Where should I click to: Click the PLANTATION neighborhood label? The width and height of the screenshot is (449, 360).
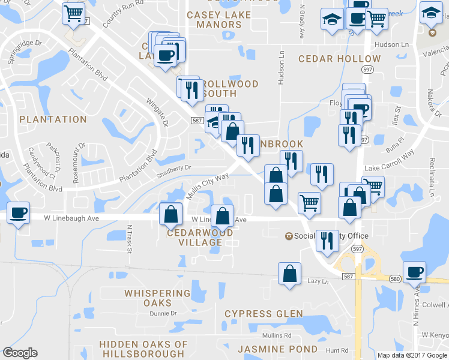pyautogui.click(x=53, y=119)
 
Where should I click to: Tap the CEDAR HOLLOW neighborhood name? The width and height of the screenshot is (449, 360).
pyautogui.click(x=340, y=59)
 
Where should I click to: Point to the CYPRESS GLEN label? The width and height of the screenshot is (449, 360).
pyautogui.click(x=264, y=314)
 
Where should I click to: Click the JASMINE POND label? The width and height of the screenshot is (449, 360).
pyautogui.click(x=277, y=349)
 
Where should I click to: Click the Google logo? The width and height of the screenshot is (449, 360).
pyautogui.click(x=20, y=353)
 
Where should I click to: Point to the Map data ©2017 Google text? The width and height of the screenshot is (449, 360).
pyautogui.click(x=412, y=355)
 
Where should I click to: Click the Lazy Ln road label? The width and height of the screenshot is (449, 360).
pyautogui.click(x=318, y=281)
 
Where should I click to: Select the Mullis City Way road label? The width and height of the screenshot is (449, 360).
pyautogui.click(x=208, y=187)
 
